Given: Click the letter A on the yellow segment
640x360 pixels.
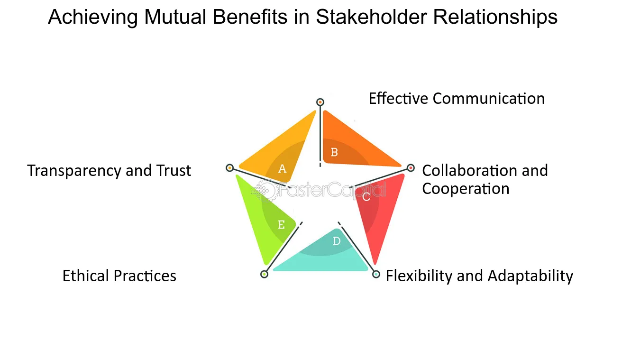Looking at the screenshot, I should click(x=283, y=168).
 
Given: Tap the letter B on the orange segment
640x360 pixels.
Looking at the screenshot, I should click(x=334, y=152).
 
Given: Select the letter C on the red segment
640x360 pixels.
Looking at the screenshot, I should click(x=366, y=197).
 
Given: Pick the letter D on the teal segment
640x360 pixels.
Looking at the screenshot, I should click(x=337, y=241).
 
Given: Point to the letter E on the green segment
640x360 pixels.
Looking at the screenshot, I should click(x=281, y=225).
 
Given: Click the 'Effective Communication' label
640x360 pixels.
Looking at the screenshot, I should click(x=457, y=99).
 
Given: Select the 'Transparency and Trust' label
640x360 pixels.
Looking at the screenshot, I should click(x=109, y=171).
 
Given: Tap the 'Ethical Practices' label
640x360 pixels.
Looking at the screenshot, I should click(x=119, y=276).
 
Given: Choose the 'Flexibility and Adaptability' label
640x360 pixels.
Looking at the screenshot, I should click(x=479, y=276).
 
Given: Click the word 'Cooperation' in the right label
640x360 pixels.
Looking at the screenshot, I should click(x=466, y=189).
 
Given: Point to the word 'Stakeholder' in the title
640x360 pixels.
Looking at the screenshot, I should click(x=368, y=18).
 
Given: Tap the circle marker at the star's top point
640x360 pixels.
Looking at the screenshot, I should click(x=320, y=102).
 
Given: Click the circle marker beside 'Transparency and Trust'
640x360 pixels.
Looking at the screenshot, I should click(x=230, y=167).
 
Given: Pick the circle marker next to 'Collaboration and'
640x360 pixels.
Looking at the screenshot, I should click(x=411, y=167).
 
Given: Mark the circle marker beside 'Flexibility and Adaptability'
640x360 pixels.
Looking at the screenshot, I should click(x=376, y=274).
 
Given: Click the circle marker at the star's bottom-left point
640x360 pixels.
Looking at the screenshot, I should click(x=265, y=274).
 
